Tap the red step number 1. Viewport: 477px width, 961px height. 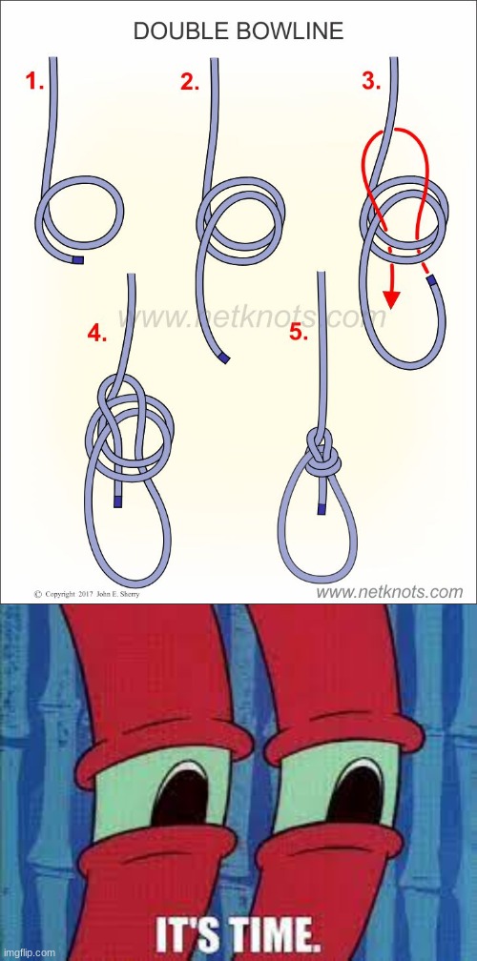pyautogui.click(x=34, y=82)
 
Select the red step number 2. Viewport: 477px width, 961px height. pyautogui.click(x=190, y=82)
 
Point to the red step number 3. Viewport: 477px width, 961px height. pyautogui.click(x=371, y=81)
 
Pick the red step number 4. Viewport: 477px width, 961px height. pyautogui.click(x=97, y=333)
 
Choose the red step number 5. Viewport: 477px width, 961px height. pyautogui.click(x=299, y=332)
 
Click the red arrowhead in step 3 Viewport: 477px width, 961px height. pyautogui.click(x=391, y=299)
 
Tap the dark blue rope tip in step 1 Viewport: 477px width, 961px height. pyautogui.click(x=77, y=260)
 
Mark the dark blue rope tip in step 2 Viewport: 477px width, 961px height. pyautogui.click(x=224, y=358)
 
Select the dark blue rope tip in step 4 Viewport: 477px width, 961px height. pyautogui.click(x=117, y=502)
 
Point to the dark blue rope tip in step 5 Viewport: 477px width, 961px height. pyautogui.click(x=321, y=509)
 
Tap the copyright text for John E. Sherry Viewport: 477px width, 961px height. pyautogui.click(x=87, y=594)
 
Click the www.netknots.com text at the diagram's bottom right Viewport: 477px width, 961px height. pyautogui.click(x=389, y=592)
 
